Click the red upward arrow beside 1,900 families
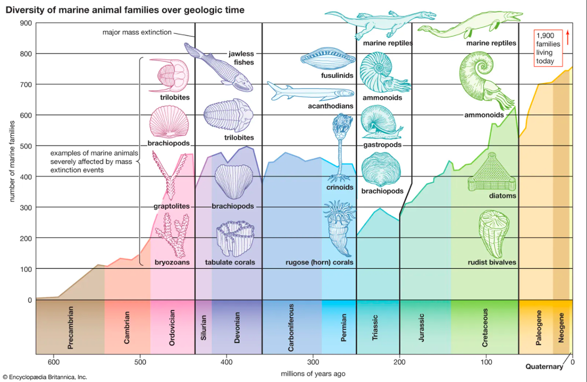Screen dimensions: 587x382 (x=567, y=38)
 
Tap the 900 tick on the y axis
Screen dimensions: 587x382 (x=26, y=23)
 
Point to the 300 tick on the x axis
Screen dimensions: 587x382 (x=313, y=362)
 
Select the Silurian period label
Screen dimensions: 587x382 (x=203, y=328)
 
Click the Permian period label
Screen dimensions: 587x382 (x=343, y=328)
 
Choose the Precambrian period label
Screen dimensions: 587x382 (x=70, y=328)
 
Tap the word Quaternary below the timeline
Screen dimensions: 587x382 (x=544, y=366)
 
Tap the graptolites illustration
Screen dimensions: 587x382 (x=170, y=175)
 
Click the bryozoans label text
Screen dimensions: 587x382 (x=172, y=263)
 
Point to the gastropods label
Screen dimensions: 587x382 (x=383, y=145)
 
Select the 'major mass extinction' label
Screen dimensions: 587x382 (x=137, y=32)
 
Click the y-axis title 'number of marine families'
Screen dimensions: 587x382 (x=12, y=161)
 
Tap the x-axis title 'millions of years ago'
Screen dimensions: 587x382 (x=313, y=374)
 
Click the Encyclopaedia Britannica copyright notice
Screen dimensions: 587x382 (x=45, y=377)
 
